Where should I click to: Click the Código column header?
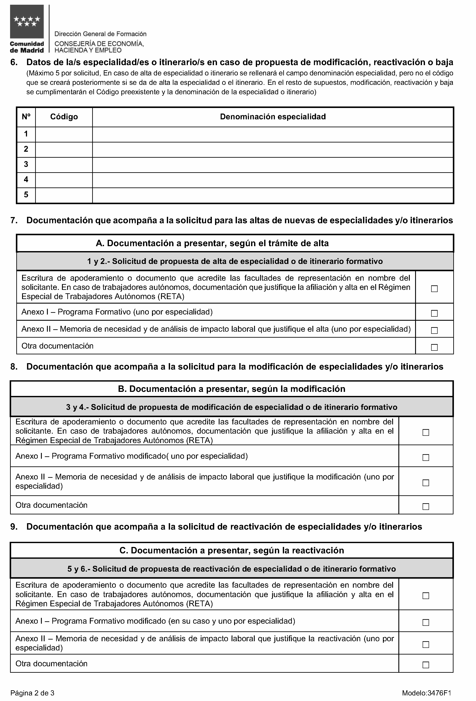[64, 117]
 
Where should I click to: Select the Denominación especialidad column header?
[273, 117]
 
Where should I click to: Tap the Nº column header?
[26, 117]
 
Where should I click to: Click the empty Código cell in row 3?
[64, 165]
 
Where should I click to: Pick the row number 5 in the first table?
[26, 195]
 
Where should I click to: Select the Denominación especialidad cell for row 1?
[273, 134]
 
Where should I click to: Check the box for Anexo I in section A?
[434, 313]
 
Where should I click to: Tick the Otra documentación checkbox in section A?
[434, 348]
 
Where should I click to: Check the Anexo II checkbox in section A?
[434, 331]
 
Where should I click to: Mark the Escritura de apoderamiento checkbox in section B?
[426, 433]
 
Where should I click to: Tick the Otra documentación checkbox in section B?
[426, 506]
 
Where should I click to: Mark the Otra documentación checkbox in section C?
[426, 665]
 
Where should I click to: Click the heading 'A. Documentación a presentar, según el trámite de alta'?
[212, 243]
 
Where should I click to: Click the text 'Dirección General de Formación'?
[100, 34]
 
